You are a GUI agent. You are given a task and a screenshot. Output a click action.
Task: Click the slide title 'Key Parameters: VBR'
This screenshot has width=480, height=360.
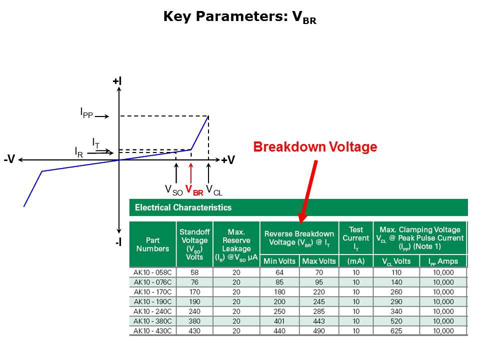(x=239, y=17)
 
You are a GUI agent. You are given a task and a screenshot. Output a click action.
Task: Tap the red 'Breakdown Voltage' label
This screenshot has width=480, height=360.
(x=315, y=147)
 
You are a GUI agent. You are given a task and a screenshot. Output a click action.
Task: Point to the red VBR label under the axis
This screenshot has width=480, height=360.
(x=194, y=190)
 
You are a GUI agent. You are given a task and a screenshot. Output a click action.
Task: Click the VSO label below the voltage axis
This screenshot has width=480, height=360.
(x=173, y=190)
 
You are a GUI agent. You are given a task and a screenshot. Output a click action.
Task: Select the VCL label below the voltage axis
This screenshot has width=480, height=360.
(x=214, y=190)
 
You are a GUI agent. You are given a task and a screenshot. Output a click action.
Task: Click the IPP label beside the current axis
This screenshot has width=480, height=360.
(x=86, y=113)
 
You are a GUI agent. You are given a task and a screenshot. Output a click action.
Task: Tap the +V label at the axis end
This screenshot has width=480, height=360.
(x=228, y=160)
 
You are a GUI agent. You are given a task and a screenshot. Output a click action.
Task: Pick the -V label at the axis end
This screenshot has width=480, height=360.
(x=9, y=159)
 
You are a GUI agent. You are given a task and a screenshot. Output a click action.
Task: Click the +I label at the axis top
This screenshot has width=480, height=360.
(x=117, y=81)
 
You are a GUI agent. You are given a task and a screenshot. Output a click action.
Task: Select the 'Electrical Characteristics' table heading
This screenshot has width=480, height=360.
(x=183, y=207)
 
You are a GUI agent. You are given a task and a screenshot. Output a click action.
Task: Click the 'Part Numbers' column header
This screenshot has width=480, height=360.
(x=153, y=244)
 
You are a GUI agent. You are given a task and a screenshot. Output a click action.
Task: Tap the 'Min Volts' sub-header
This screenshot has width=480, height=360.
(x=279, y=261)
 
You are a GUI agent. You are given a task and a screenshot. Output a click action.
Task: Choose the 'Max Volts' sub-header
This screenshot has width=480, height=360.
(x=319, y=261)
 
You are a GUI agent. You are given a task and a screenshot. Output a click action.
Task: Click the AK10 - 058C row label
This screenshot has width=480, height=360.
(x=152, y=272)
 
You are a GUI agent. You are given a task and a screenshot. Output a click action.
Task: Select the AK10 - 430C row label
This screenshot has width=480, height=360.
(x=152, y=331)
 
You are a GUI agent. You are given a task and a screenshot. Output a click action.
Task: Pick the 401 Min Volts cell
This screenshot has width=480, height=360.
(x=279, y=321)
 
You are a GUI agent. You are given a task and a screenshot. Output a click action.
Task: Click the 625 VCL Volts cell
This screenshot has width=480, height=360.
(x=396, y=331)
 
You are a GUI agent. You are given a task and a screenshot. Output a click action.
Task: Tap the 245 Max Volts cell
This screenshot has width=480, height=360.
(x=319, y=301)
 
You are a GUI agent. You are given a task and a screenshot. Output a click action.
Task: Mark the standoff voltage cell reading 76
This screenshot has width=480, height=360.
(x=194, y=282)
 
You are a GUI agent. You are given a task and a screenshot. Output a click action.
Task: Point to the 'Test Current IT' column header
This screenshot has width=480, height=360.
(x=356, y=238)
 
